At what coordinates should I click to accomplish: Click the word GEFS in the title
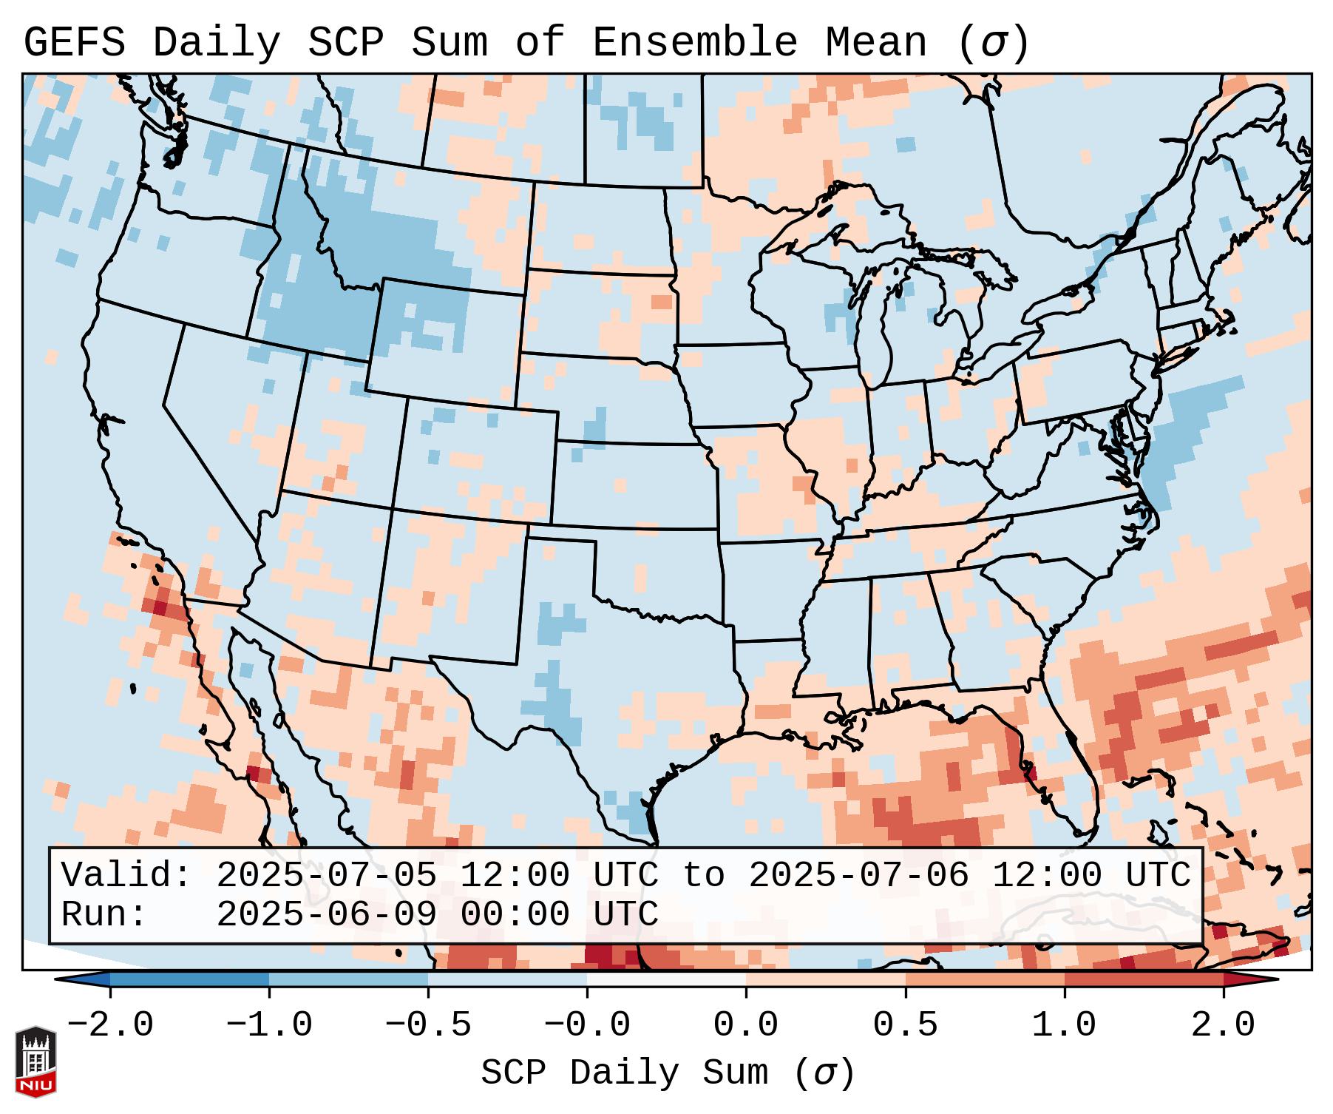click(74, 43)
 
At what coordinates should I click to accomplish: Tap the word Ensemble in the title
click(694, 43)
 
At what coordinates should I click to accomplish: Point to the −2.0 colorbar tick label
click(110, 1025)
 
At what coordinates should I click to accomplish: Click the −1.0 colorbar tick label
click(269, 1025)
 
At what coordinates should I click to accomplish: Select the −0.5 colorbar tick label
click(428, 1025)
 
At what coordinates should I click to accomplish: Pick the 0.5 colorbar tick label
click(905, 1025)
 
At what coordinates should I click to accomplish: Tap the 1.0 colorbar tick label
click(1064, 1025)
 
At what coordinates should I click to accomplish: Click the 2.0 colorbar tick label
click(1223, 1025)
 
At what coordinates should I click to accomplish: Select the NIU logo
click(35, 1061)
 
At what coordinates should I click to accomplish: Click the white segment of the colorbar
click(666, 979)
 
